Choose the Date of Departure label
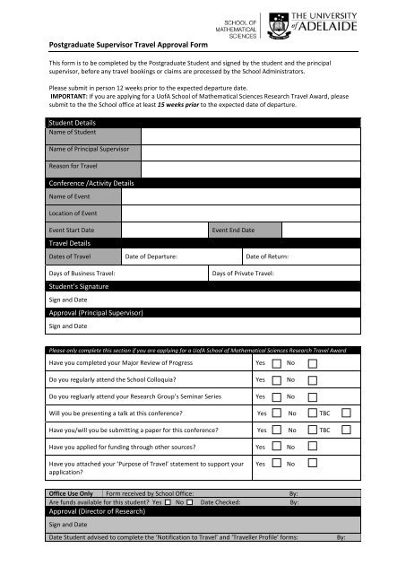151,257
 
